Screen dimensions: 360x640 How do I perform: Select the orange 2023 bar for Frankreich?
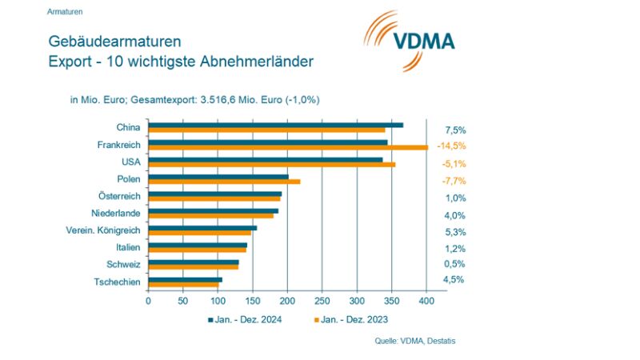288,147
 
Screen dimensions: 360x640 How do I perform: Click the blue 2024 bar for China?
276,125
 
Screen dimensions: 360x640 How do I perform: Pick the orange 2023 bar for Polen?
224,182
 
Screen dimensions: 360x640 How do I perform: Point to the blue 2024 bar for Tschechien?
185,279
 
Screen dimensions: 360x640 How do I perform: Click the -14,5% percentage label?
451,146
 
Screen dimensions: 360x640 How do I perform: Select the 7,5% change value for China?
455,130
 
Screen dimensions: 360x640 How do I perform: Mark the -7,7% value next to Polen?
453,181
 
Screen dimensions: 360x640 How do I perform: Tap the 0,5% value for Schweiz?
455,264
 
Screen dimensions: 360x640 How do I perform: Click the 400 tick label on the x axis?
426,301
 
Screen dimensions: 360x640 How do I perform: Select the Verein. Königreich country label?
103,230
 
